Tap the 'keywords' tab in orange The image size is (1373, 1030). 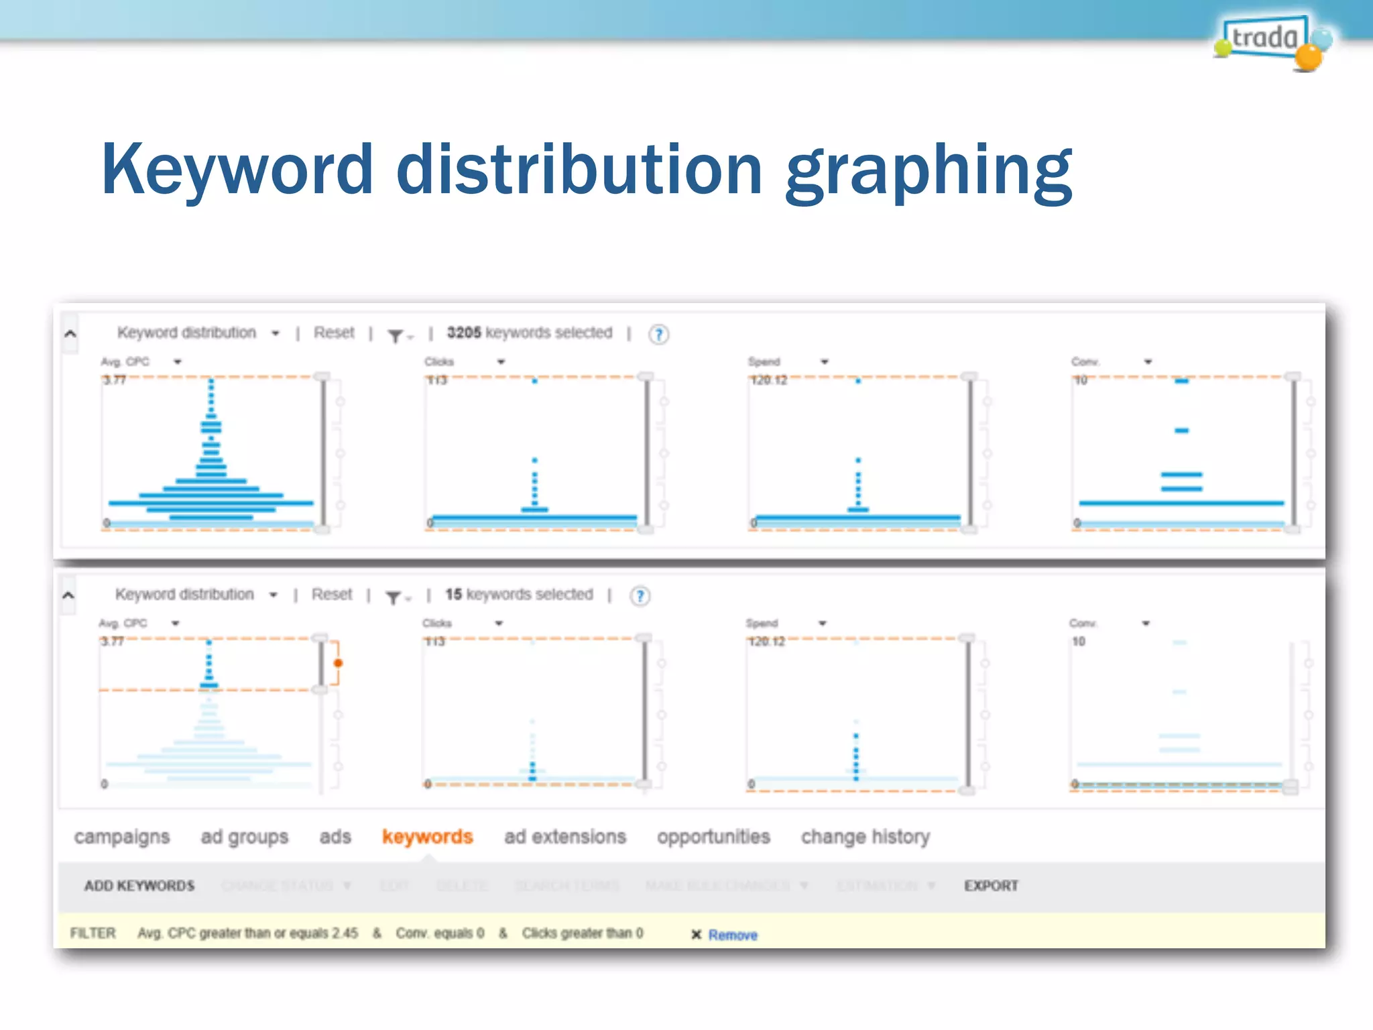[x=427, y=836]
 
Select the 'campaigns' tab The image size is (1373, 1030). [x=122, y=837]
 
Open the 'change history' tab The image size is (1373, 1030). [x=865, y=837]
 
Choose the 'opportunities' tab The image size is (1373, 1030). [x=713, y=837]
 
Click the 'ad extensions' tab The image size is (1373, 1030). [x=564, y=837]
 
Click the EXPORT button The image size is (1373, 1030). [x=991, y=886]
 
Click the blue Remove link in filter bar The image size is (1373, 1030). [x=733, y=935]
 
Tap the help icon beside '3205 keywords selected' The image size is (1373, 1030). [x=658, y=334]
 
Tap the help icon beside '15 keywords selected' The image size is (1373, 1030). [x=640, y=595]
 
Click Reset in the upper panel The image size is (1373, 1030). [x=334, y=333]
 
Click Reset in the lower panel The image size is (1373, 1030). [x=332, y=594]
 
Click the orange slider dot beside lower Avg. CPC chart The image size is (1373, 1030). [x=339, y=663]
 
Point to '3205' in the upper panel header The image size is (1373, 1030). [x=464, y=333]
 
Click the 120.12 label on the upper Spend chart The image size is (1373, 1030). [x=768, y=380]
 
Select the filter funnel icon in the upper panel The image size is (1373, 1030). [x=396, y=335]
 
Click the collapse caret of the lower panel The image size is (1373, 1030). [x=68, y=595]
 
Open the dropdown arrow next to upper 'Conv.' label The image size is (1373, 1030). [x=1148, y=362]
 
